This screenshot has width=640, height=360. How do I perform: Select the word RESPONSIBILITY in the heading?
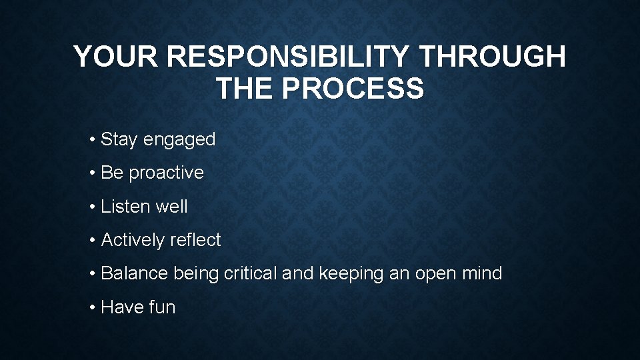pos(287,57)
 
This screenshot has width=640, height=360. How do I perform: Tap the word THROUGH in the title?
pos(492,57)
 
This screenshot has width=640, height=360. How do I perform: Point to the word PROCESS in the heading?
pos(353,89)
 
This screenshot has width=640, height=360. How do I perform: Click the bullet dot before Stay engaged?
pos(92,140)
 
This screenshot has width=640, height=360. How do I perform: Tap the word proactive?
pos(166,173)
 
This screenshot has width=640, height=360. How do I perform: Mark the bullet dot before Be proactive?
pos(92,173)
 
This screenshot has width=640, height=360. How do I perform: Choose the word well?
pos(171,207)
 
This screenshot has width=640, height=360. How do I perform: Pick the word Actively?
pos(132,240)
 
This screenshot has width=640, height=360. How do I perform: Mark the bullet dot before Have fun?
pos(92,307)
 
